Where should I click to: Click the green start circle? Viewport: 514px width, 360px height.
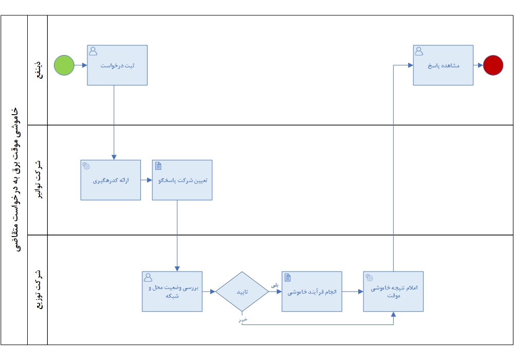(64, 65)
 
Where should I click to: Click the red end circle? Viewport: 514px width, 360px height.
(493, 65)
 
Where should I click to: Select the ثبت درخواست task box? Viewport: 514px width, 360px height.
(117, 65)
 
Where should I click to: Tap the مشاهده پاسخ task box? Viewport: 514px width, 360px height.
(443, 65)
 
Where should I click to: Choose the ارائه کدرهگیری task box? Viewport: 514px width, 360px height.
(111, 180)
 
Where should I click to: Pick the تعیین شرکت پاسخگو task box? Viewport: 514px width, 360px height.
(182, 180)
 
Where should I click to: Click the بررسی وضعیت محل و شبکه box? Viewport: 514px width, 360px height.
(172, 292)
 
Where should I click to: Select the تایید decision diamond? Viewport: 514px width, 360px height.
(242, 292)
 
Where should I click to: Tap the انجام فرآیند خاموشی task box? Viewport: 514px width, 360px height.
(312, 292)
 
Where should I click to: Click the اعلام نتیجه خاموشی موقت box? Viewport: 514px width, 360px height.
(393, 292)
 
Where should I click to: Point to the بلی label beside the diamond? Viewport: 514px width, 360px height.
(274, 285)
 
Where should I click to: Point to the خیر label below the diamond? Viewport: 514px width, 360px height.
(243, 319)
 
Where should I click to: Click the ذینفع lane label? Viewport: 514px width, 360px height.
(39, 69)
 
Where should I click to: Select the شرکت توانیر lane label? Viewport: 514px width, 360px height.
(39, 179)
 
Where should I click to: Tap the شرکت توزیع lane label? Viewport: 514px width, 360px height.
(39, 290)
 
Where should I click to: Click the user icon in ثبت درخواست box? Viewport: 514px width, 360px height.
(93, 51)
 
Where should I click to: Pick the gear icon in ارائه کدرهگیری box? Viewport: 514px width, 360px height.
(86, 166)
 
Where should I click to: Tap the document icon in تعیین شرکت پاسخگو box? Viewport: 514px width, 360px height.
(158, 166)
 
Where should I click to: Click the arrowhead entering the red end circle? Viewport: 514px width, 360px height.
(481, 65)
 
